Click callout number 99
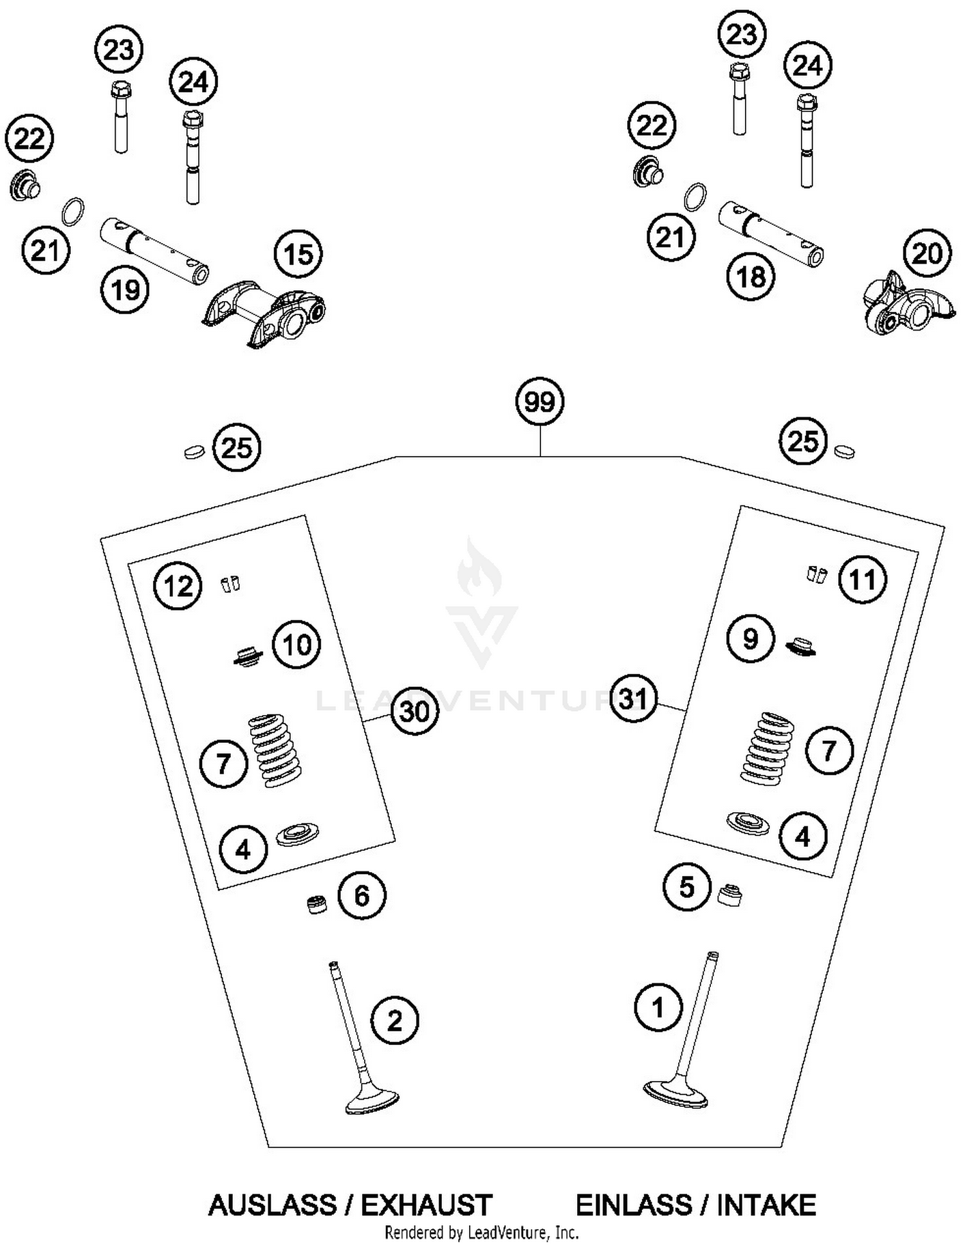tap(539, 402)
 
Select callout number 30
tap(414, 711)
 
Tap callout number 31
tap(633, 699)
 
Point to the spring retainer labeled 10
tap(248, 657)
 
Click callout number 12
tap(178, 586)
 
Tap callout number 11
tap(862, 579)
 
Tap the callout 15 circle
tap(299, 254)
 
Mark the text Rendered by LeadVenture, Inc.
tap(481, 1233)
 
